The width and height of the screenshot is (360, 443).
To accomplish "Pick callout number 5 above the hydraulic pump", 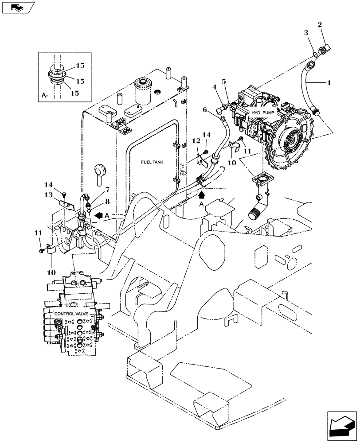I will pyautogui.click(x=224, y=82).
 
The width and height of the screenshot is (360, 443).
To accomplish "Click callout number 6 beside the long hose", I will pyautogui.click(x=205, y=109).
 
